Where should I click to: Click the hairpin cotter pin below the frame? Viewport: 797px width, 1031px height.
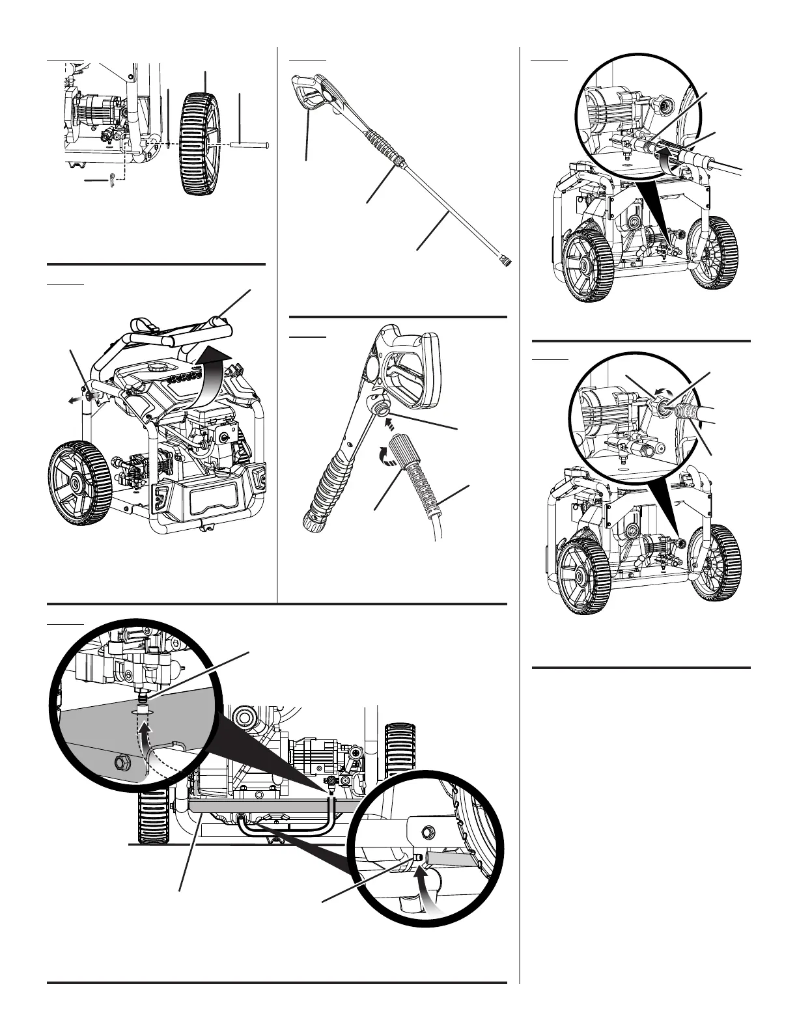point(116,178)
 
